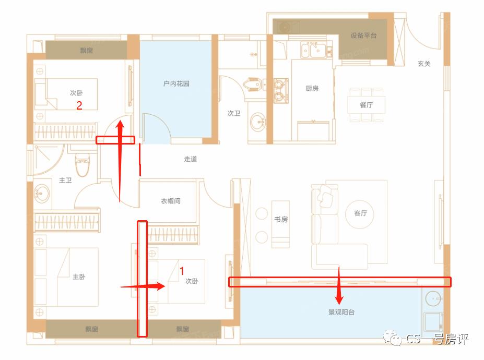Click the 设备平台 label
[x=363, y=35]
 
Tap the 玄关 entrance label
[x=423, y=64]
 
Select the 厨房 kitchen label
[x=312, y=89]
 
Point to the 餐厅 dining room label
[x=366, y=105]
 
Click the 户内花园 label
[x=176, y=83]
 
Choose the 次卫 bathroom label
[x=233, y=113]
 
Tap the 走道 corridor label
[x=190, y=159]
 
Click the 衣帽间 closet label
[x=170, y=201]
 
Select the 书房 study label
[x=281, y=220]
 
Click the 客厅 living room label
[x=360, y=213]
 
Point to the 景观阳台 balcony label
[x=340, y=313]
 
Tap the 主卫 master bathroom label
[x=65, y=181]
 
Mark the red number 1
[x=182, y=271]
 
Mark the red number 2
[x=79, y=105]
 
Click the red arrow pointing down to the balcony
[x=339, y=287]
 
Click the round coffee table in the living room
[x=360, y=213]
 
